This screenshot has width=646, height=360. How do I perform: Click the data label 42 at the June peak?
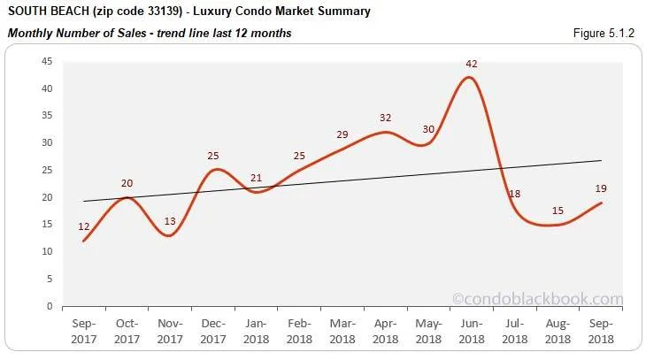[473, 64]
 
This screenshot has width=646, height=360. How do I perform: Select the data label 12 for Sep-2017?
[84, 226]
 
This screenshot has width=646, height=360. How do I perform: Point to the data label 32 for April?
[386, 118]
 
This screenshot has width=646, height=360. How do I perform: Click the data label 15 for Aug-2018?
[558, 210]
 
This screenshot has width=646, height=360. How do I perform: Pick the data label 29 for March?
[342, 134]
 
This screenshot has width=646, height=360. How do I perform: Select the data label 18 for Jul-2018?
[515, 194]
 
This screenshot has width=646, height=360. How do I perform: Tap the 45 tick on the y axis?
[46, 61]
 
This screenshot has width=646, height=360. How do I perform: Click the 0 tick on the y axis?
[50, 306]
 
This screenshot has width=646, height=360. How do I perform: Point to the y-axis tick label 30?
[46, 143]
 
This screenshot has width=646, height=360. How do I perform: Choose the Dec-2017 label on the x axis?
[213, 333]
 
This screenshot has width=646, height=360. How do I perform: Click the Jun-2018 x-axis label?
[472, 333]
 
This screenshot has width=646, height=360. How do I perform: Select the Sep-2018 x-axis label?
[602, 333]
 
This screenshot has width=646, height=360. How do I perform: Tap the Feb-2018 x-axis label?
[299, 333]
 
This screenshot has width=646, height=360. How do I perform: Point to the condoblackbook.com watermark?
[538, 299]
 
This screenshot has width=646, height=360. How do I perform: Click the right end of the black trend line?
[601, 161]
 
